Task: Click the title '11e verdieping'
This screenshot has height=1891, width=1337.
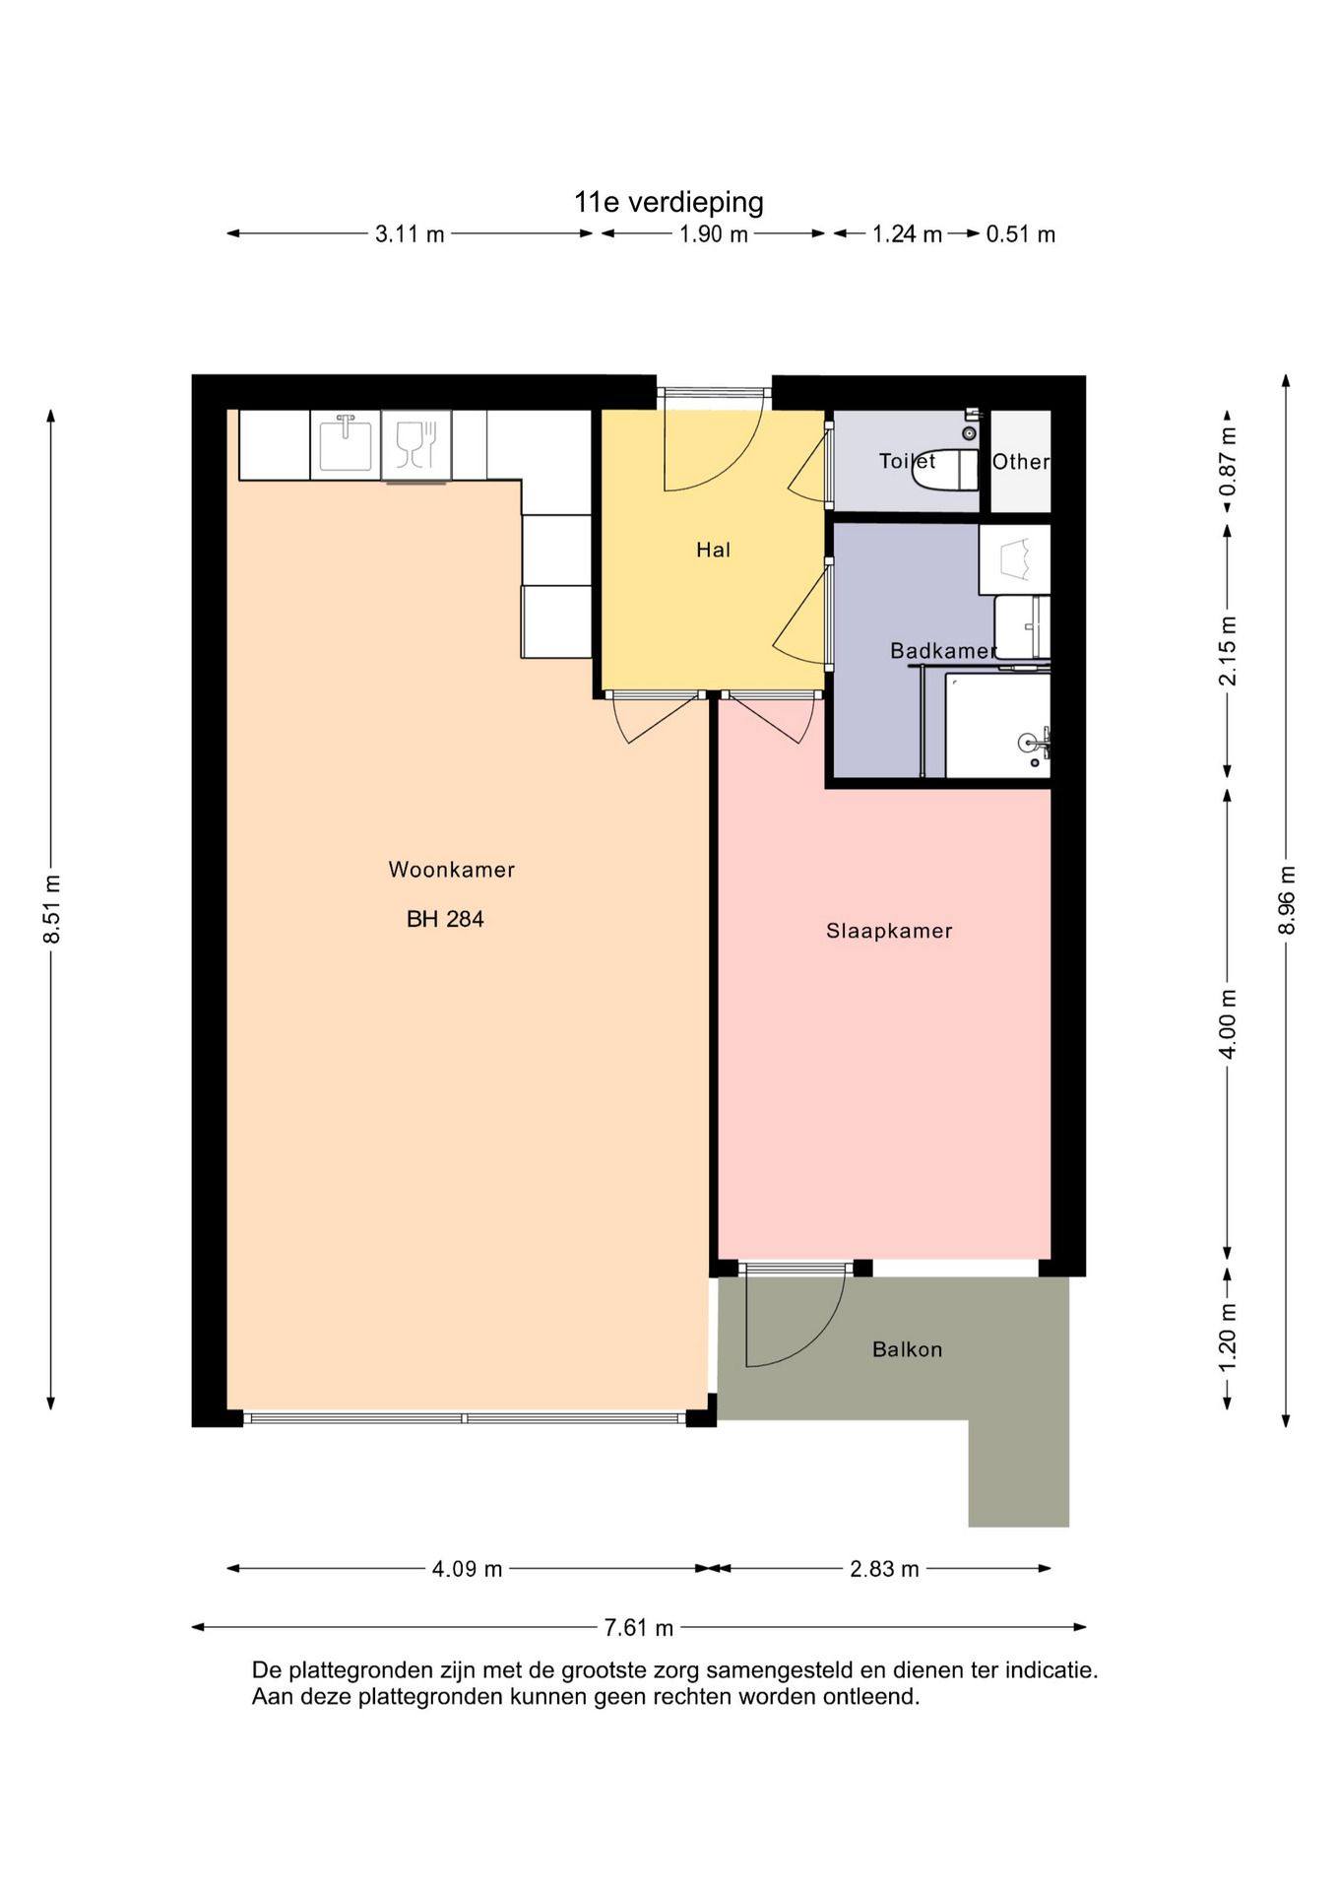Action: point(668,203)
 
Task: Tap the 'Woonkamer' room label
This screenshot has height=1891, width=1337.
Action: point(452,870)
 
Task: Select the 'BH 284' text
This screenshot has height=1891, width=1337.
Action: point(445,919)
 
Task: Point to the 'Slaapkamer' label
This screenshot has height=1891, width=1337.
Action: point(889,931)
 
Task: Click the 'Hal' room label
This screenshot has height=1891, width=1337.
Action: point(714,550)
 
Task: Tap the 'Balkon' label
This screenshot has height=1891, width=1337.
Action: point(908,1349)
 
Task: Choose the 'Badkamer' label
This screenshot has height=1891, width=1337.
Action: point(943,651)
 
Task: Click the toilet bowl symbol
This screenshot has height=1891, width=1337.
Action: point(945,470)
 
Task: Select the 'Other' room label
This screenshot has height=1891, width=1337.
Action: point(1021,462)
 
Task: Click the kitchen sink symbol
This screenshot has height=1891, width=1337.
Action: point(346,442)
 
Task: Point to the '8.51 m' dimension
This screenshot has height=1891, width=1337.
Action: point(52,909)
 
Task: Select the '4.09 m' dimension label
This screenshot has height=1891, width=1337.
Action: point(467,1569)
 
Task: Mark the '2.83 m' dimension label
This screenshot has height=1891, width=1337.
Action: point(884,1569)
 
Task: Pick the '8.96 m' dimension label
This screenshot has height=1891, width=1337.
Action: point(1286,901)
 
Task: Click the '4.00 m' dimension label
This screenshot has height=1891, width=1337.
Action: point(1228,1024)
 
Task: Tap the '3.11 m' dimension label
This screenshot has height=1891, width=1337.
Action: point(410,234)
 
